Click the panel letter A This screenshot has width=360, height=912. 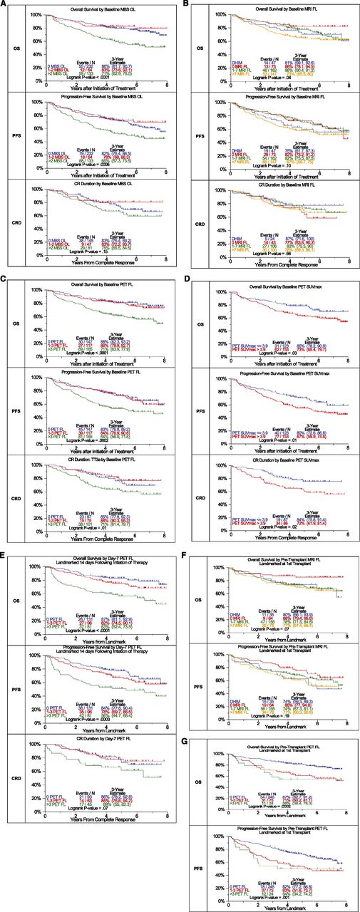[4, 5]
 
